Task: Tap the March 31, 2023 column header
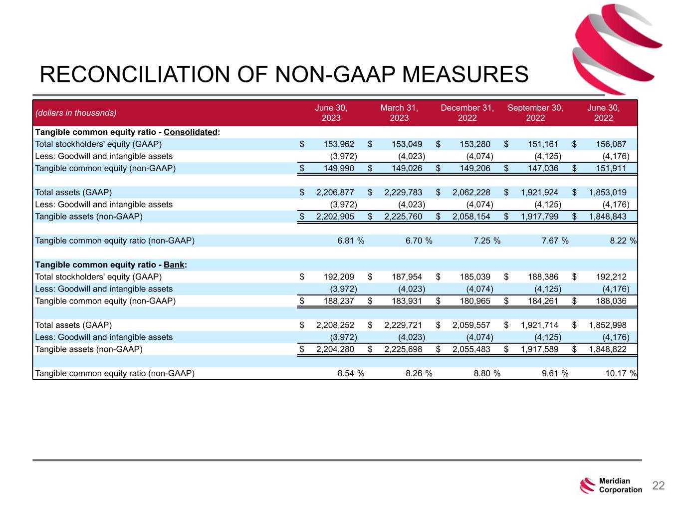[x=399, y=113]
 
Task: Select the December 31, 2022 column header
[x=467, y=113]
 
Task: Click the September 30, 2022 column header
[x=535, y=113]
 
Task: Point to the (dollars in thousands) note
[x=75, y=113]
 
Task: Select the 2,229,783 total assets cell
[x=403, y=192]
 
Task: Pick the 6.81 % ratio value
[x=350, y=241]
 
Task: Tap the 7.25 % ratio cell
[x=486, y=241]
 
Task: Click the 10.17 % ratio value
[x=621, y=373]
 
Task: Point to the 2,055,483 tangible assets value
[x=471, y=349]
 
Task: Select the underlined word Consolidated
[x=191, y=132]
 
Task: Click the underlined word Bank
[x=174, y=264]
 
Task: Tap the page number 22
[x=659, y=486]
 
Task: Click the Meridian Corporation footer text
[x=620, y=486]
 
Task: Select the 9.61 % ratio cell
[x=555, y=373]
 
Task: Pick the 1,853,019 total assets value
[x=607, y=192]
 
